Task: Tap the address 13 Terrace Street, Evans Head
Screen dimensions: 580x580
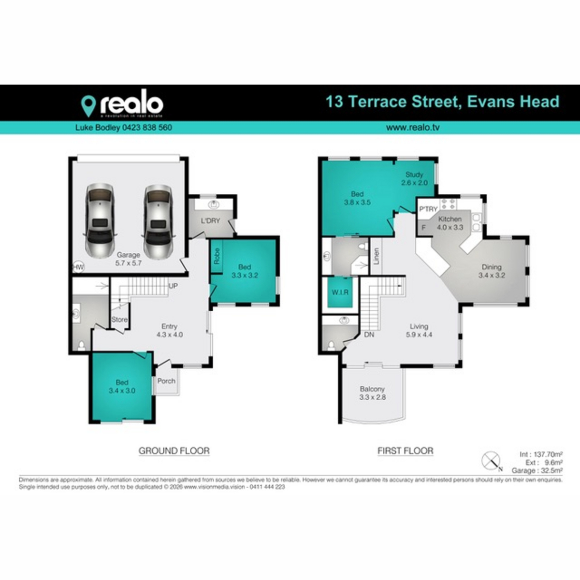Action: pyautogui.click(x=442, y=102)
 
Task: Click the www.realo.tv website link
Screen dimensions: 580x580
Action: pyautogui.click(x=412, y=128)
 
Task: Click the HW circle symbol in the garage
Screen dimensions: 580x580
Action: pyautogui.click(x=77, y=267)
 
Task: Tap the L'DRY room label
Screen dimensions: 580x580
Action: pyautogui.click(x=210, y=221)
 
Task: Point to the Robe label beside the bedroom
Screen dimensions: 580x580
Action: pyautogui.click(x=217, y=256)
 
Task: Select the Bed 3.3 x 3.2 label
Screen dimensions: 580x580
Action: pyautogui.click(x=245, y=271)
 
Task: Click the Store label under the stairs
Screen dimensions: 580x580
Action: pyautogui.click(x=119, y=319)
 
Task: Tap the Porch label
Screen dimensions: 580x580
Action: pyautogui.click(x=166, y=381)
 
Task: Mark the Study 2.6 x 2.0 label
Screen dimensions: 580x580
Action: pyautogui.click(x=414, y=178)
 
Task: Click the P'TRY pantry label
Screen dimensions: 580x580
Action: pyautogui.click(x=428, y=209)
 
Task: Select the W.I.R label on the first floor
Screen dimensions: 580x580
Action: pyautogui.click(x=340, y=292)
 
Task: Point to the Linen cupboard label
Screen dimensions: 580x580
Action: pyautogui.click(x=376, y=256)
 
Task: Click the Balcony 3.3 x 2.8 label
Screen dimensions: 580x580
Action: pyautogui.click(x=372, y=393)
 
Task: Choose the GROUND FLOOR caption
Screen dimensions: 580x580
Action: pyautogui.click(x=174, y=450)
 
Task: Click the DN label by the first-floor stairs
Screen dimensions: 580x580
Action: pyautogui.click(x=369, y=334)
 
